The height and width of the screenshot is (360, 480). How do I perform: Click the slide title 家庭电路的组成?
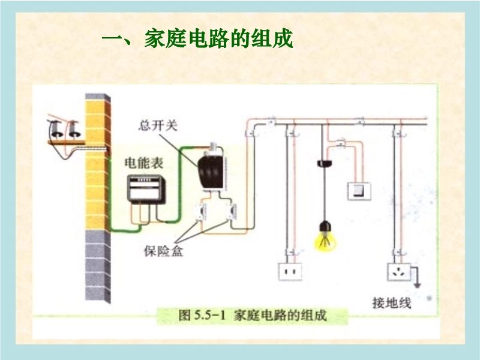197,41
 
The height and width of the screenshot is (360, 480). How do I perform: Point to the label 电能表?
143,163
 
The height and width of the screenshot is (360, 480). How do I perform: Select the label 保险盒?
163,251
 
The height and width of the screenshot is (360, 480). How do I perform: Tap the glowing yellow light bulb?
325,239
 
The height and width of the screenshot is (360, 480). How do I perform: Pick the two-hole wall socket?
291,272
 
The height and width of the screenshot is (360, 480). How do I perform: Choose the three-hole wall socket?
397,272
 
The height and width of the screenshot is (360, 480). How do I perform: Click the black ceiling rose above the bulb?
325,163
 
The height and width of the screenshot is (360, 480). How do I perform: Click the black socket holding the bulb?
325,226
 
